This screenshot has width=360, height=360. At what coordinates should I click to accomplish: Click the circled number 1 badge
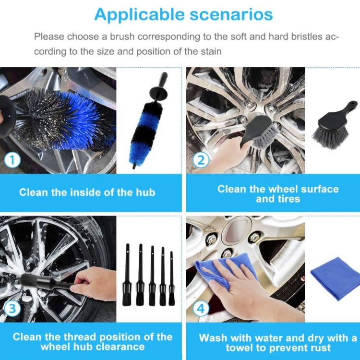[x=12, y=160]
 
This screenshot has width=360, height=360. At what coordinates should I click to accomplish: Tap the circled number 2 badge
[x=201, y=160]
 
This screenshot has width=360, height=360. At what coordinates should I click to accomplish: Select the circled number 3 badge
[x=12, y=309]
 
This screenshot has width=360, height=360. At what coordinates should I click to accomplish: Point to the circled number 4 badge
[x=201, y=309]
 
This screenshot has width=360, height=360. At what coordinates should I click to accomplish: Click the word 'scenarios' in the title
[x=231, y=14]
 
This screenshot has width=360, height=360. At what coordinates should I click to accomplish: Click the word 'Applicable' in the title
[x=139, y=15]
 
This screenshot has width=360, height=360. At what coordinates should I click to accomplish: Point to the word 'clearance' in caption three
[x=120, y=347]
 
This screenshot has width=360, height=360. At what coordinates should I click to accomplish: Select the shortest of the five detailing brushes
[x=171, y=278]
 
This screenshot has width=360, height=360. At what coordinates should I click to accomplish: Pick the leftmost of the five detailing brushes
[x=127, y=275]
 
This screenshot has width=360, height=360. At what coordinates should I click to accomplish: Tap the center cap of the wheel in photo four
[x=236, y=229]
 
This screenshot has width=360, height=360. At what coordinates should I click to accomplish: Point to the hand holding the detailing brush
[x=94, y=284]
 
